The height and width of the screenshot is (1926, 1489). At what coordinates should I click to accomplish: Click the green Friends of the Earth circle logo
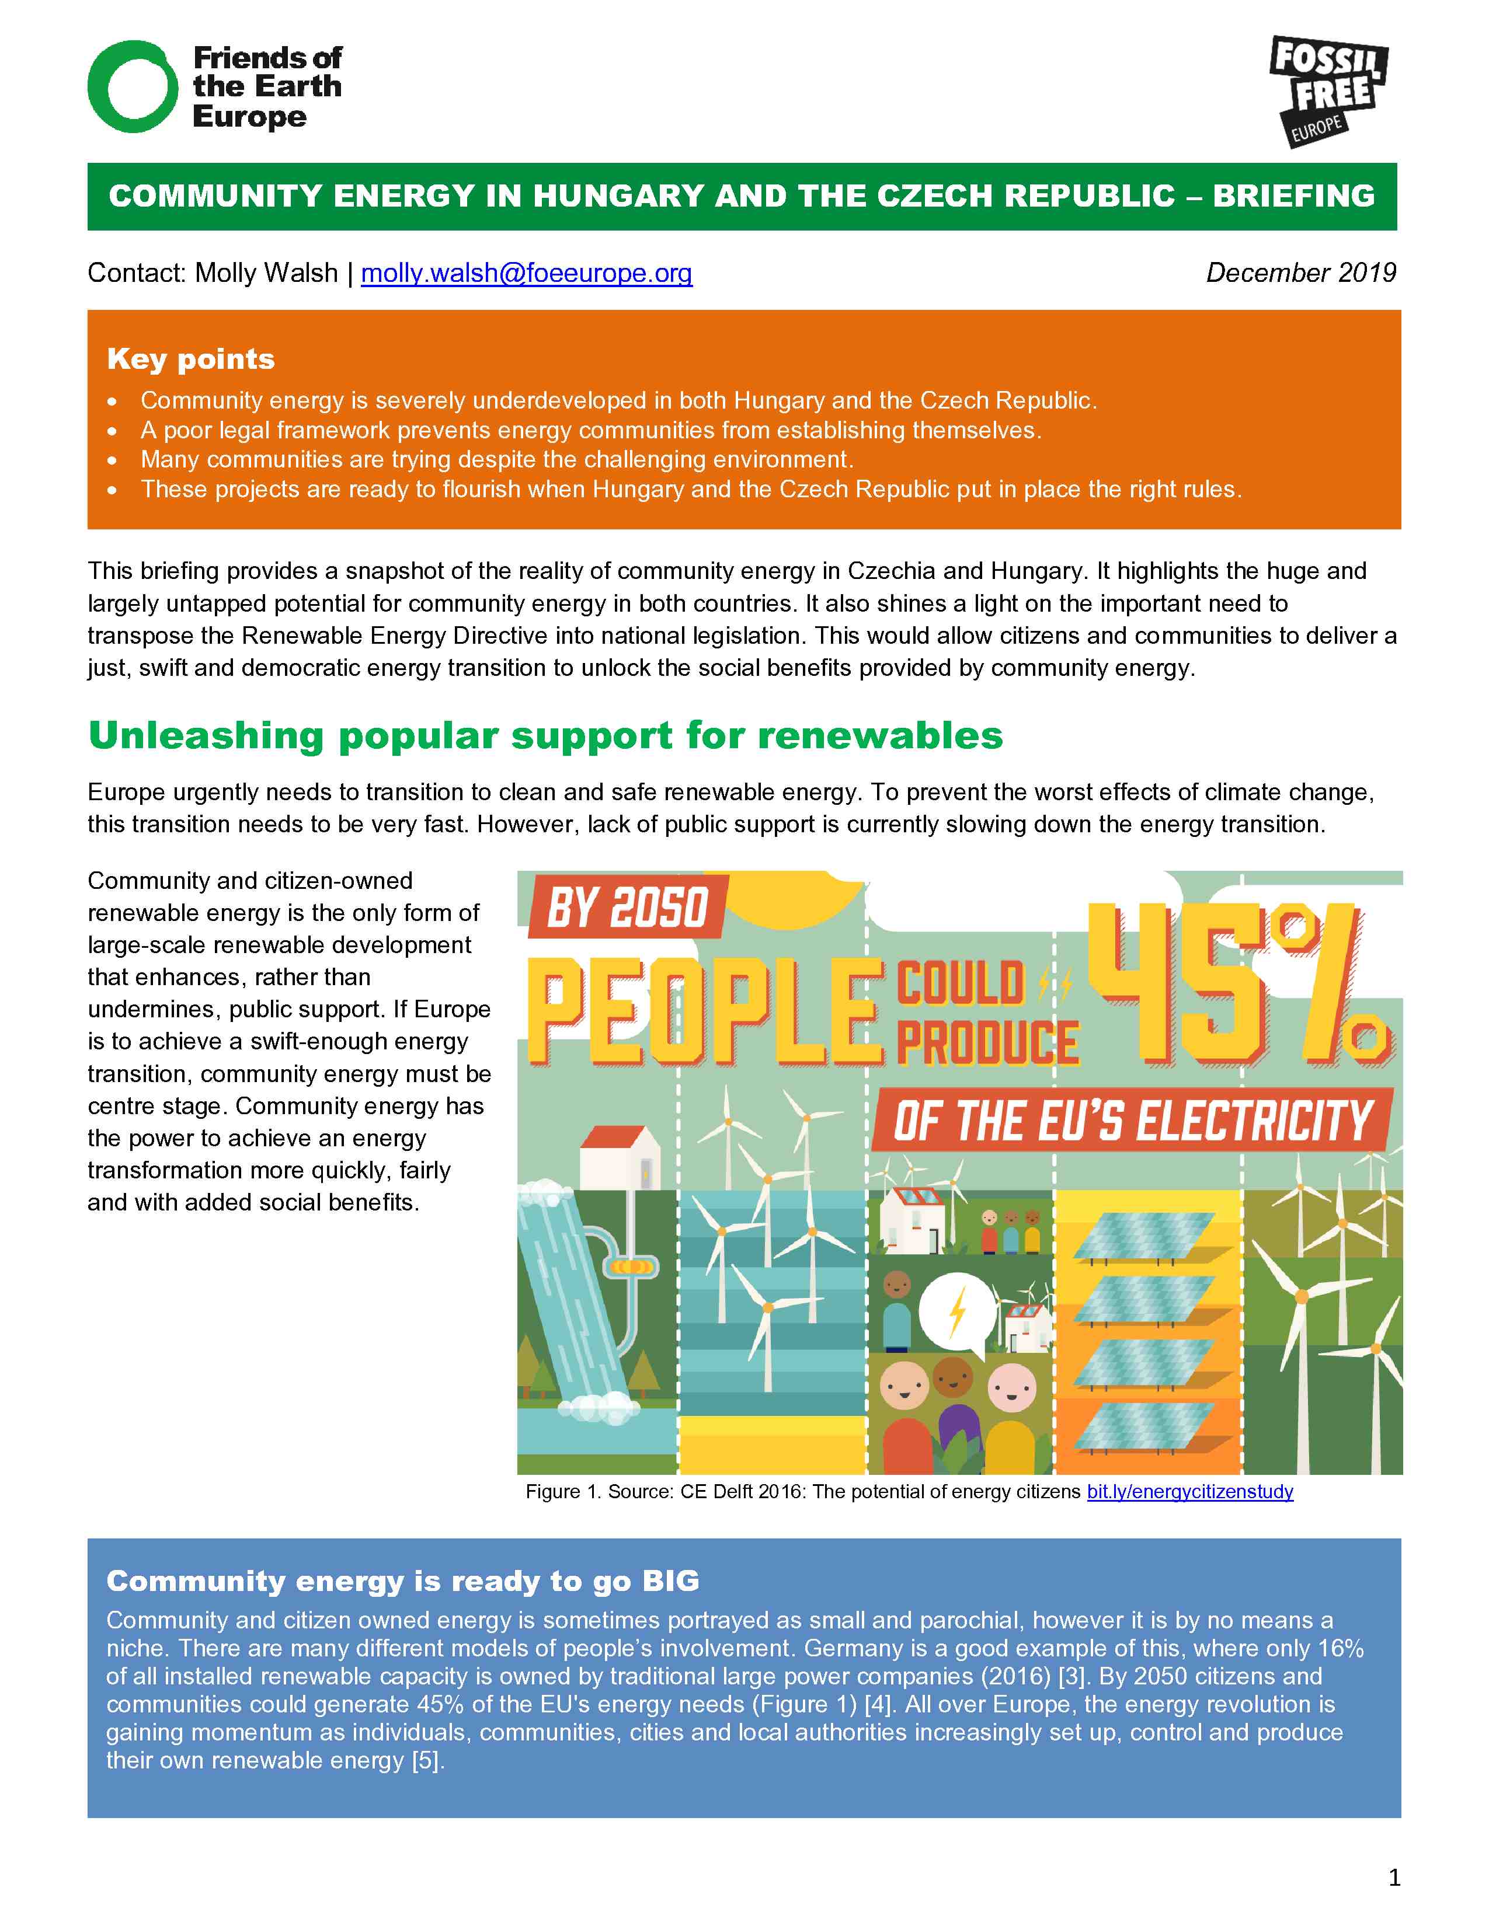pyautogui.click(x=133, y=86)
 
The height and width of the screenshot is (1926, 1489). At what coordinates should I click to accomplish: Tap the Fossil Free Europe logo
pyautogui.click(x=1328, y=91)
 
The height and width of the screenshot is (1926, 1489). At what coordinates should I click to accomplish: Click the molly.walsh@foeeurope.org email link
pyautogui.click(x=527, y=273)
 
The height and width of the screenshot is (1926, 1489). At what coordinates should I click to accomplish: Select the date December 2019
pyautogui.click(x=1300, y=273)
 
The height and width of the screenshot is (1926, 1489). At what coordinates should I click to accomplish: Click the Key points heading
pyautogui.click(x=190, y=359)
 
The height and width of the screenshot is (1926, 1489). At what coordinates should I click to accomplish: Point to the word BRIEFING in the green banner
pyautogui.click(x=1293, y=196)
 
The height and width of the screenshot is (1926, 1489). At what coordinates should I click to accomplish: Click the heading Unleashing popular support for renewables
pyautogui.click(x=545, y=735)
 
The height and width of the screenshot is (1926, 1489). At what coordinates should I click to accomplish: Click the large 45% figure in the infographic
pyautogui.click(x=1235, y=983)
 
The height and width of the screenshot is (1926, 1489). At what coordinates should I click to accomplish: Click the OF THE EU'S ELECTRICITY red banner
pyautogui.click(x=1132, y=1122)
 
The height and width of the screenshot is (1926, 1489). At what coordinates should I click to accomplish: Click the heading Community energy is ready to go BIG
pyautogui.click(x=402, y=1581)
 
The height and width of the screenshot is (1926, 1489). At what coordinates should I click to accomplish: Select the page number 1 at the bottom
pyautogui.click(x=1394, y=1878)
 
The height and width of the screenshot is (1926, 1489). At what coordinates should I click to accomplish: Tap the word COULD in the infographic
pyautogui.click(x=960, y=983)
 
